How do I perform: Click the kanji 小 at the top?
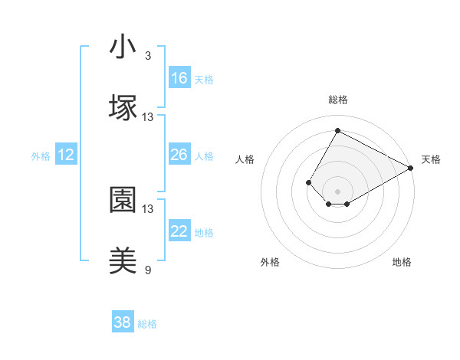(123, 47)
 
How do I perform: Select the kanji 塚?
(123, 108)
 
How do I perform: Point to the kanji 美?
(123, 261)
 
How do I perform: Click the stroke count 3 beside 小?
(148, 56)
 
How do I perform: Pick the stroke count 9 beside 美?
(148, 270)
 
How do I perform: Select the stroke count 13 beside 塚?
(148, 117)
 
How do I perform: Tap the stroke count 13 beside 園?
(148, 208)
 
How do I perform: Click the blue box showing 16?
(179, 78)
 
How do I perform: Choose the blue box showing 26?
(179, 155)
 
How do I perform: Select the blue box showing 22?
(179, 231)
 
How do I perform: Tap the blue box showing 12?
(66, 155)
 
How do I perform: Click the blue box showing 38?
(123, 322)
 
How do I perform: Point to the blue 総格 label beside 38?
(147, 324)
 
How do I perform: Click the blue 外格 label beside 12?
(41, 155)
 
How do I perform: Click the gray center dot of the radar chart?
(337, 191)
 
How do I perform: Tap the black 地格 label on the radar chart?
(402, 262)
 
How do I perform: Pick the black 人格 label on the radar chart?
(245, 159)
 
